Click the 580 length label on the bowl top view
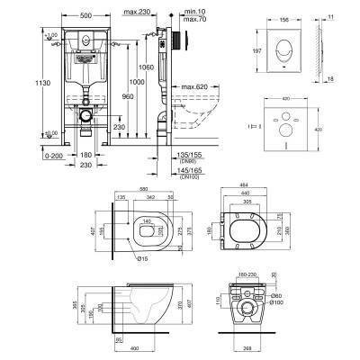[x=143, y=189]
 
